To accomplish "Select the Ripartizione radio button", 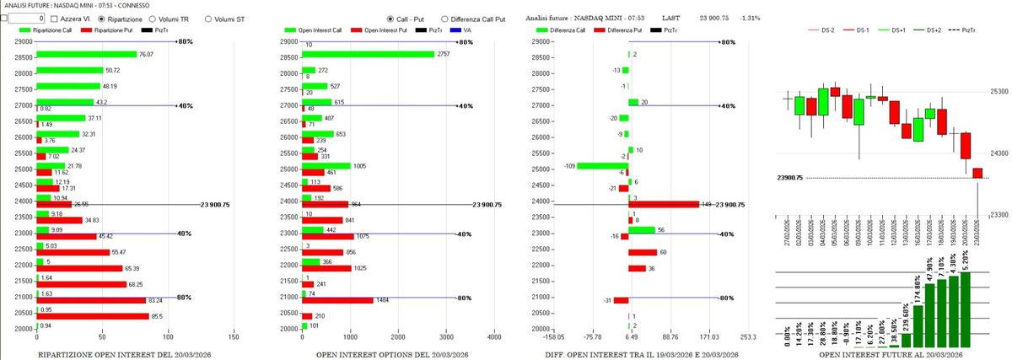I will [x=103, y=17].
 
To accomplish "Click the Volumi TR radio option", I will [x=152, y=17].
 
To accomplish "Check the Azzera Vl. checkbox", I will [x=55, y=17].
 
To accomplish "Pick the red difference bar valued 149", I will [x=663, y=204].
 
